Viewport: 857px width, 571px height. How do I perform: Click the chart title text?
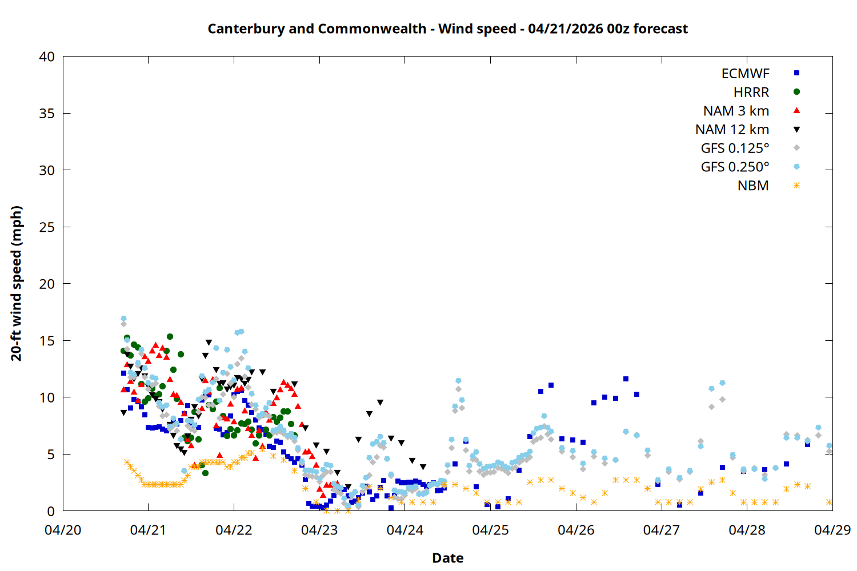447,29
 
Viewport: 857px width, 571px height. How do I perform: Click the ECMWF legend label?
745,74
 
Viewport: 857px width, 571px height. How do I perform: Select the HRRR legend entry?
751,93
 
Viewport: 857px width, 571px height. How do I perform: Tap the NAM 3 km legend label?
736,111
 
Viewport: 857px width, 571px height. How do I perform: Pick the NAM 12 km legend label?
732,130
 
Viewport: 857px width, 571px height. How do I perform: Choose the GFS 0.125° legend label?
735,148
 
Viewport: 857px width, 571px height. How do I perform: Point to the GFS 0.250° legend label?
735,167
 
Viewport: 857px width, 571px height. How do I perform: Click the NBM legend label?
753,186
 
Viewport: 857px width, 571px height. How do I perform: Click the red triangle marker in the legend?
796,110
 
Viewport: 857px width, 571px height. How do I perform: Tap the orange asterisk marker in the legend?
796,186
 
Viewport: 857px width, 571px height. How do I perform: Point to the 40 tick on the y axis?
47,57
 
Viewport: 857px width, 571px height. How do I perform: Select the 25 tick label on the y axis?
47,227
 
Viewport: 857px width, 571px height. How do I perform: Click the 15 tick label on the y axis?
47,341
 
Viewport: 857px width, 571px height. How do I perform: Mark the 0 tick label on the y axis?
51,512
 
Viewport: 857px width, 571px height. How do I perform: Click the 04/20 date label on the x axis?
63,530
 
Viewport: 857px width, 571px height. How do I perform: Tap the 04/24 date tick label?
405,530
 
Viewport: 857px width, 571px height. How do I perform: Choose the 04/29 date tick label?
832,530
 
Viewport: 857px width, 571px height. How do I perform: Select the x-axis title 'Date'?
447,558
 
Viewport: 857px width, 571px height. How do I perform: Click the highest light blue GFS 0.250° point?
123,319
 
